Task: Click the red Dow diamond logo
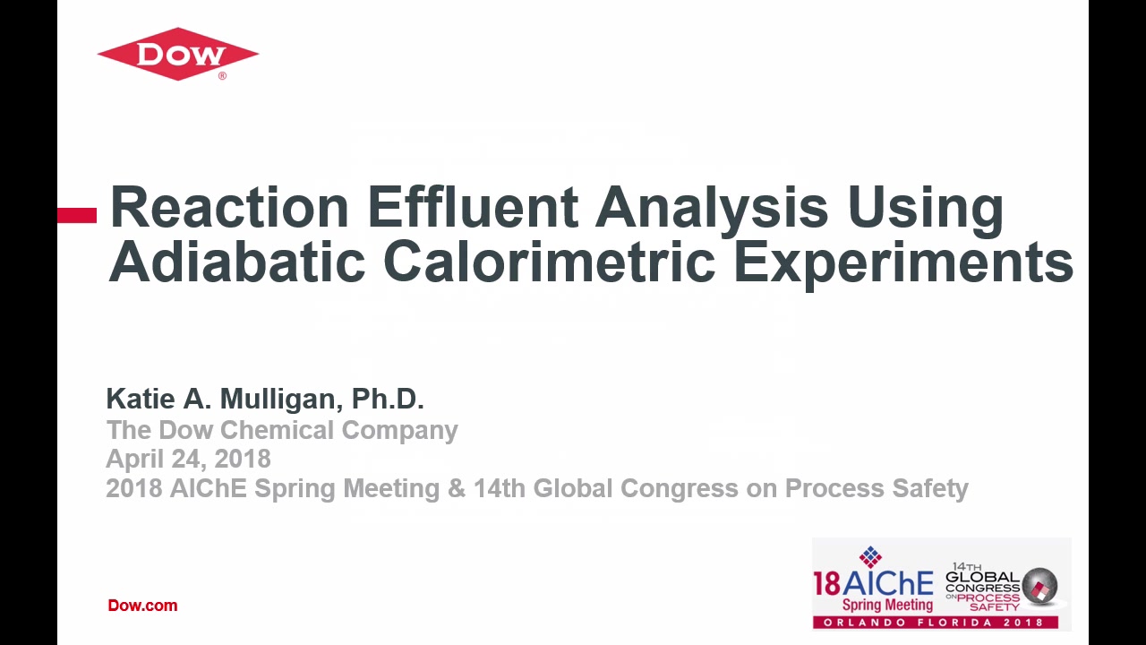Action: click(x=178, y=54)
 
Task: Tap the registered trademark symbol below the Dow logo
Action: click(x=223, y=76)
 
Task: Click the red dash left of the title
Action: click(x=77, y=215)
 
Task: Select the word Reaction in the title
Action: click(x=229, y=207)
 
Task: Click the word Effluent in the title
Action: click(x=474, y=207)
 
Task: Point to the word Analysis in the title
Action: click(x=712, y=211)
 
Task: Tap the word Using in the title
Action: click(x=925, y=211)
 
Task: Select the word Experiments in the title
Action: click(x=903, y=265)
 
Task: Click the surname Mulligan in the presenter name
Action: click(x=281, y=400)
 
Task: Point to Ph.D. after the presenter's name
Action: click(x=388, y=399)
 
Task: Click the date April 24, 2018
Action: click(x=188, y=460)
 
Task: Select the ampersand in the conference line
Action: click(x=457, y=488)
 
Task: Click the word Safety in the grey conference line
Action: click(x=930, y=489)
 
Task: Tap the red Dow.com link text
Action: click(x=142, y=606)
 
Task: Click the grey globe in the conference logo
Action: click(x=1039, y=587)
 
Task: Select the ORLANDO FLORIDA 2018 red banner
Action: click(x=936, y=623)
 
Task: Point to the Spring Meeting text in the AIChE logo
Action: click(x=888, y=605)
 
